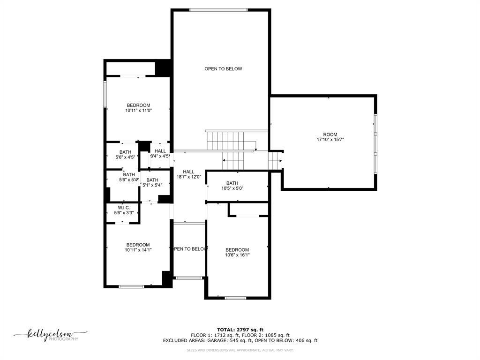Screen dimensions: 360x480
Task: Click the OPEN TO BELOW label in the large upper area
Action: [x=223, y=69]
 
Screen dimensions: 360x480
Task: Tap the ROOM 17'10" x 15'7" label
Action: [x=330, y=137]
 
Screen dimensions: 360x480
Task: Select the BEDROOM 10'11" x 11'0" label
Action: [x=138, y=108]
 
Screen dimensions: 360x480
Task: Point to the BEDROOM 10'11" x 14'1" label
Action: [x=138, y=247]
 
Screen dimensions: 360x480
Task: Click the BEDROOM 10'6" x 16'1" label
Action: [x=237, y=253]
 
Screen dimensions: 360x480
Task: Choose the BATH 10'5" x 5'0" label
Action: [x=232, y=186]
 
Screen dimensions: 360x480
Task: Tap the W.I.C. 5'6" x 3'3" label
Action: [x=124, y=210]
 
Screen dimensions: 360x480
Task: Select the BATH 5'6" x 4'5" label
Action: [x=125, y=155]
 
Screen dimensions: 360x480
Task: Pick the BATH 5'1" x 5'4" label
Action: [x=152, y=182]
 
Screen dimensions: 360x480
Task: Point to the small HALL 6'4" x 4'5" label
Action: [x=160, y=154]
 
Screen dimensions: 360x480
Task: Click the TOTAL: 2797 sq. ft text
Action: [x=240, y=330]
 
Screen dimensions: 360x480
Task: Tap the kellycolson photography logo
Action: [x=50, y=335]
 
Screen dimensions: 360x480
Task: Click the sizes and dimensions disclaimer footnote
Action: [x=240, y=350]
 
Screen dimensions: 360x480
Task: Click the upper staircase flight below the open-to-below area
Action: [x=225, y=140]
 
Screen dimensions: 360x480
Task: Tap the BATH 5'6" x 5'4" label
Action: [x=129, y=177]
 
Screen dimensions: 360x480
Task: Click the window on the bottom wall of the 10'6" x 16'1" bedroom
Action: [x=235, y=298]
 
